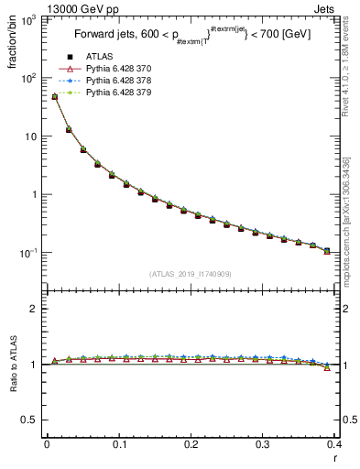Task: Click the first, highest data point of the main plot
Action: click(55, 96)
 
